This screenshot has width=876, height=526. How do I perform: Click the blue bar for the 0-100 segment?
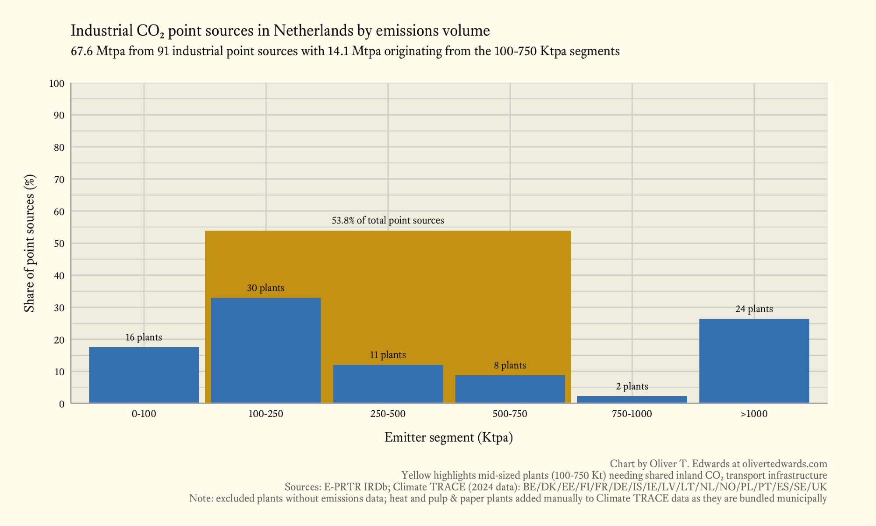(x=144, y=375)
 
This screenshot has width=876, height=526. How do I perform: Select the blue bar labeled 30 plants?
(x=266, y=350)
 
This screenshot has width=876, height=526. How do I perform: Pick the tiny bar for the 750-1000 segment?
(x=632, y=399)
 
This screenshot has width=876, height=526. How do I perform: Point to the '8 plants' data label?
(x=510, y=366)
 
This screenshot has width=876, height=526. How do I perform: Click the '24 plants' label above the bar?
(x=754, y=309)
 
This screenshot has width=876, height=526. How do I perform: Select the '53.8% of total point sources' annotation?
(x=388, y=220)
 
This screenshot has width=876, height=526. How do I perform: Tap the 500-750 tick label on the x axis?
(x=510, y=414)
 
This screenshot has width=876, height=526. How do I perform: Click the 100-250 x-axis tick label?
(x=266, y=414)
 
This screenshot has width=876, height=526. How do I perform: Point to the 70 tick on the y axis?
(x=59, y=180)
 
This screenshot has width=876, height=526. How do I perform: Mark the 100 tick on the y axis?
(x=57, y=84)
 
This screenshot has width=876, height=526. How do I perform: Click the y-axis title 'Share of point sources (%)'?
(x=29, y=244)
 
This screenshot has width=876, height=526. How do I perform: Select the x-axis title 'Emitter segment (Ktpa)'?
(x=449, y=437)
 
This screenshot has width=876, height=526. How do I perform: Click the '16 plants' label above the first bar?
(x=144, y=338)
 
